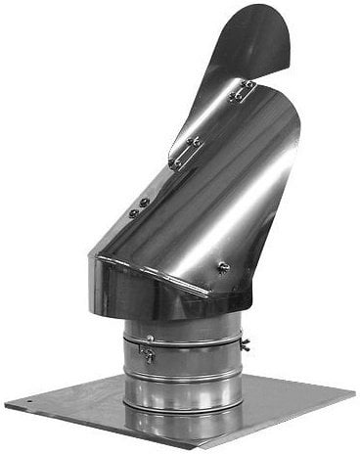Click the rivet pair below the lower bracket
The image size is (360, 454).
coord(138,207)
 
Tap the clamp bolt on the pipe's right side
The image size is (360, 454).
coord(244,343)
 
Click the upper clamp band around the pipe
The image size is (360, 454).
coord(186,341)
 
